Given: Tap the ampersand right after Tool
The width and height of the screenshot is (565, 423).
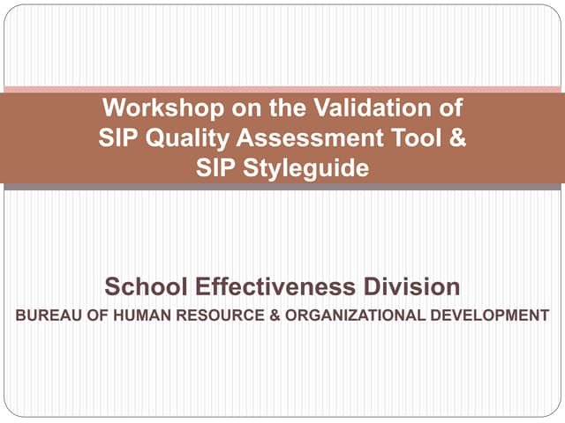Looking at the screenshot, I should (456, 138).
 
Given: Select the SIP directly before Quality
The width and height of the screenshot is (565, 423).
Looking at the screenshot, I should (117, 138).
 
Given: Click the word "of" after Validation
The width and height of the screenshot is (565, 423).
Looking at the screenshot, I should (449, 109).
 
